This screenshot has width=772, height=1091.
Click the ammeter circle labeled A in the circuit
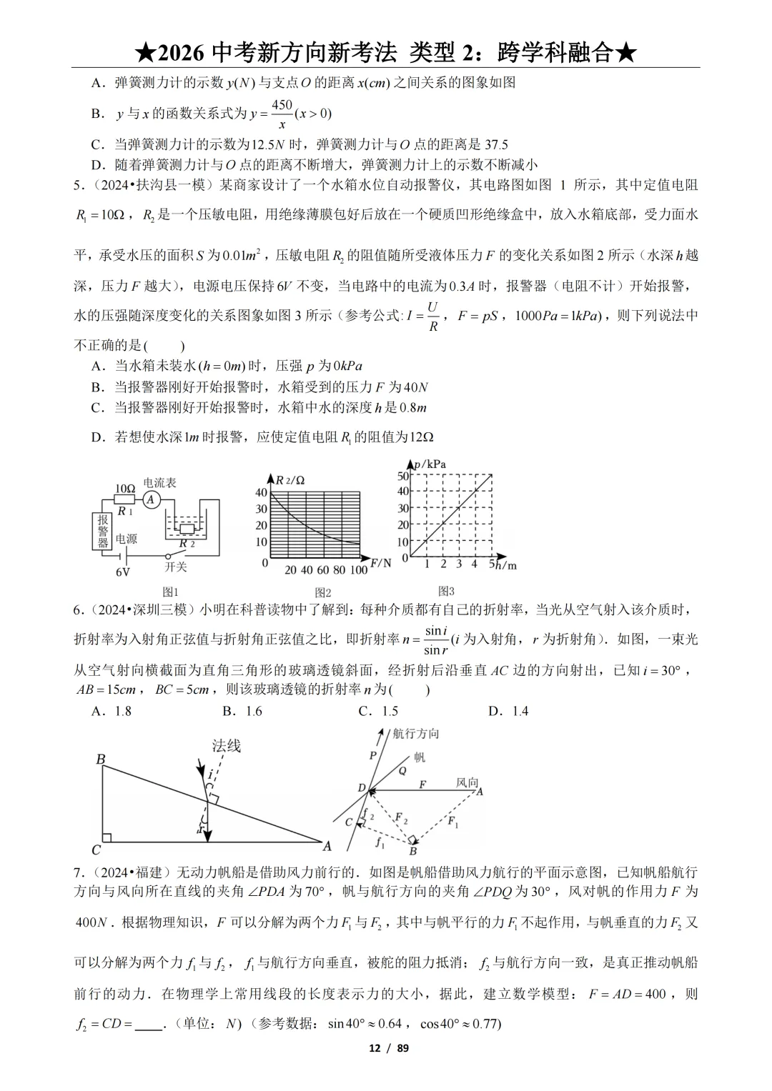point(151,500)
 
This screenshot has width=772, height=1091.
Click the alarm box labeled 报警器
point(103,532)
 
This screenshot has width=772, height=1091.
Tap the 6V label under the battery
point(123,572)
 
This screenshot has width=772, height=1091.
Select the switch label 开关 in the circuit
point(175,567)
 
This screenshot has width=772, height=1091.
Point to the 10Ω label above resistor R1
point(125,489)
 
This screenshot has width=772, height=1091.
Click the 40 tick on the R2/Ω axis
point(262,492)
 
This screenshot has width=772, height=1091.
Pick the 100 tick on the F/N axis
point(359,570)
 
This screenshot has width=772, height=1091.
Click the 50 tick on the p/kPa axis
point(403,476)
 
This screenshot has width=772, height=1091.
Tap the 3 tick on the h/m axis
point(459,564)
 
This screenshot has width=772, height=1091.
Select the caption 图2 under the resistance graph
point(323,592)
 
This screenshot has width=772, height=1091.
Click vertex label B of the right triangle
point(101,759)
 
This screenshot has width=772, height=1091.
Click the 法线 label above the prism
point(226,746)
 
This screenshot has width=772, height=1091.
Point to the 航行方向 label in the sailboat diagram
point(416,734)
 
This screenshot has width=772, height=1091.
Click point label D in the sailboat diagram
point(362,789)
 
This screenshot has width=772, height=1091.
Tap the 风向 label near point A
point(467,782)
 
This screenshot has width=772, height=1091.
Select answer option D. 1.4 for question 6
point(508,711)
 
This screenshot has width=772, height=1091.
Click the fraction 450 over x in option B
point(282,114)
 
